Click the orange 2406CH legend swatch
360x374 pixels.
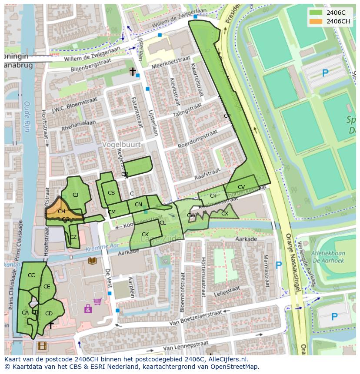(316, 21)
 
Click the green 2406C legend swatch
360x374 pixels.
(316, 13)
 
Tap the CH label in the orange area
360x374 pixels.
(61, 212)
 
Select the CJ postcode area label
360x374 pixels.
(75, 195)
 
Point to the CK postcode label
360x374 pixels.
(145, 235)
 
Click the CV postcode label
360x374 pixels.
(241, 187)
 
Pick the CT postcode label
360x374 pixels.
(213, 196)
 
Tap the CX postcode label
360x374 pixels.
(225, 214)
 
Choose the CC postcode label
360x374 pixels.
(31, 275)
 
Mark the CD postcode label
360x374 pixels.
(49, 314)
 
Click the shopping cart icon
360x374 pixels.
(97, 301)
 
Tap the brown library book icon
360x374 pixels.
(92, 261)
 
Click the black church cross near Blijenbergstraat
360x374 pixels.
(133, 71)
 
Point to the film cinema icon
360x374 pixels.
(41, 346)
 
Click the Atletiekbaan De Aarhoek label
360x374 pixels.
(328, 257)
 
